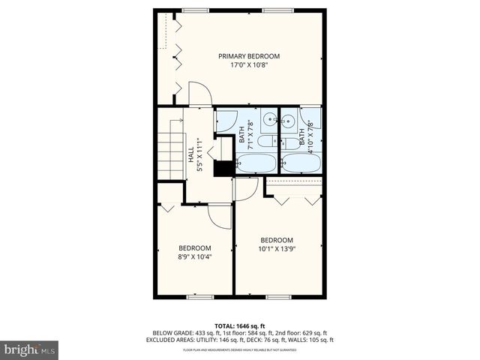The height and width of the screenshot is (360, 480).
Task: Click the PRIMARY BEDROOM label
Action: [x=249, y=56]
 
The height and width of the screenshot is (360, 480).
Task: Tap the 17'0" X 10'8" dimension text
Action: [x=249, y=65]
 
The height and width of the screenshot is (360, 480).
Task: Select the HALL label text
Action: [x=190, y=154]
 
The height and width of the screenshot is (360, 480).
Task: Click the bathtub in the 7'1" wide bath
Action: [x=256, y=163]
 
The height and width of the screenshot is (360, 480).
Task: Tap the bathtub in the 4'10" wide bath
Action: [x=301, y=163]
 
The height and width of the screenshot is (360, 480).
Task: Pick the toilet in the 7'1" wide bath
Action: [x=265, y=142]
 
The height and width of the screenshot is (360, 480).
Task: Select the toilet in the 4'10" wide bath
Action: [x=289, y=142]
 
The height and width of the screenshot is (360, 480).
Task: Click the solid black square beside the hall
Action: [x=223, y=168]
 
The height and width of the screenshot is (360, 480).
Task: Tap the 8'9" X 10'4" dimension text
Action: [x=194, y=257]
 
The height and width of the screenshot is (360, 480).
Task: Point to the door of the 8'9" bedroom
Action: [x=220, y=215]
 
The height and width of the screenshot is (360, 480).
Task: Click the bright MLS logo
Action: [x=30, y=350]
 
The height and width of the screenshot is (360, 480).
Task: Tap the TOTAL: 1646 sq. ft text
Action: [x=239, y=325]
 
